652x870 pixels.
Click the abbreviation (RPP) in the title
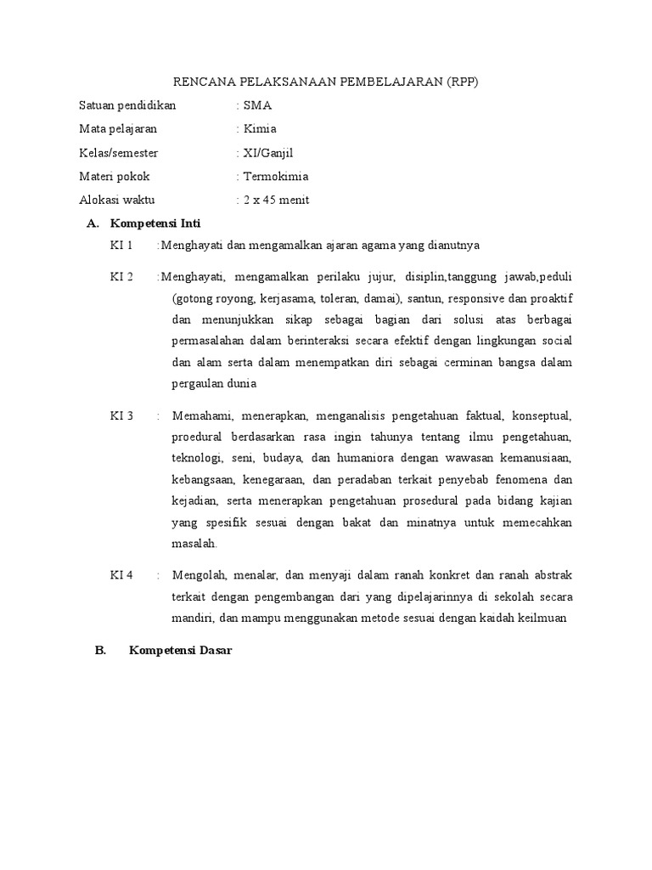(x=462, y=82)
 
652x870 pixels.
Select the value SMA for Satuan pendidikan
(x=258, y=105)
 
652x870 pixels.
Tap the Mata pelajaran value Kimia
(x=260, y=129)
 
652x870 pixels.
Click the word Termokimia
(x=276, y=177)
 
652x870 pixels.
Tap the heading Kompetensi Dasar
(x=180, y=651)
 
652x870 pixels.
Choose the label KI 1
(x=121, y=246)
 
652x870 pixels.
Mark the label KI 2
(x=121, y=277)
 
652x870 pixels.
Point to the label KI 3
(x=121, y=415)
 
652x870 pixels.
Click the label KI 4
(x=121, y=575)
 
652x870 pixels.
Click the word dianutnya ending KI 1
(x=451, y=246)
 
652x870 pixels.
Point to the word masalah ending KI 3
(x=194, y=543)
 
